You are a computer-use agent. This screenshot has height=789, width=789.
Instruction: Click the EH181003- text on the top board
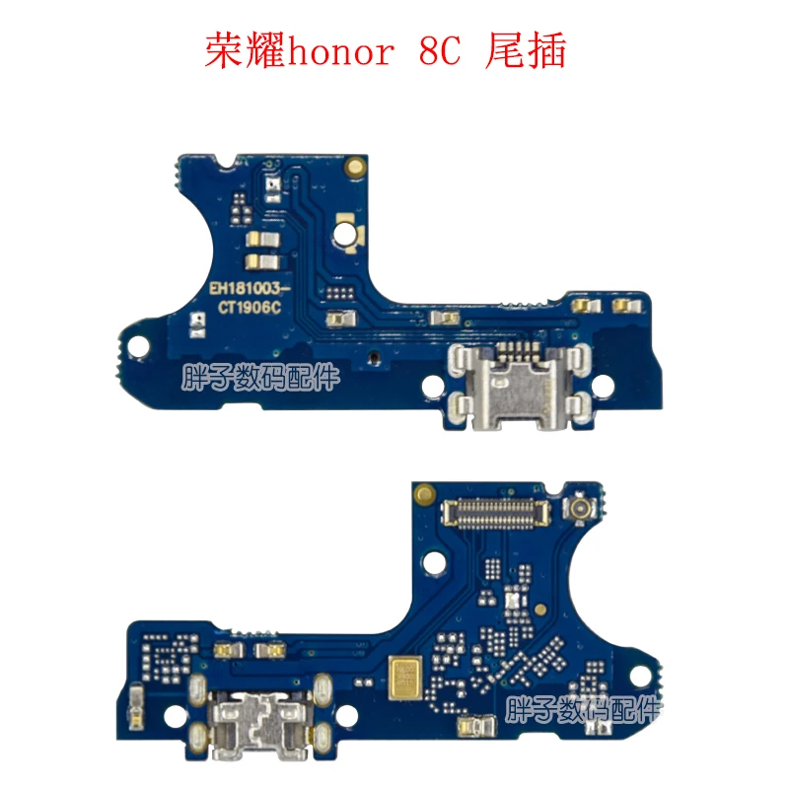[251, 288]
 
